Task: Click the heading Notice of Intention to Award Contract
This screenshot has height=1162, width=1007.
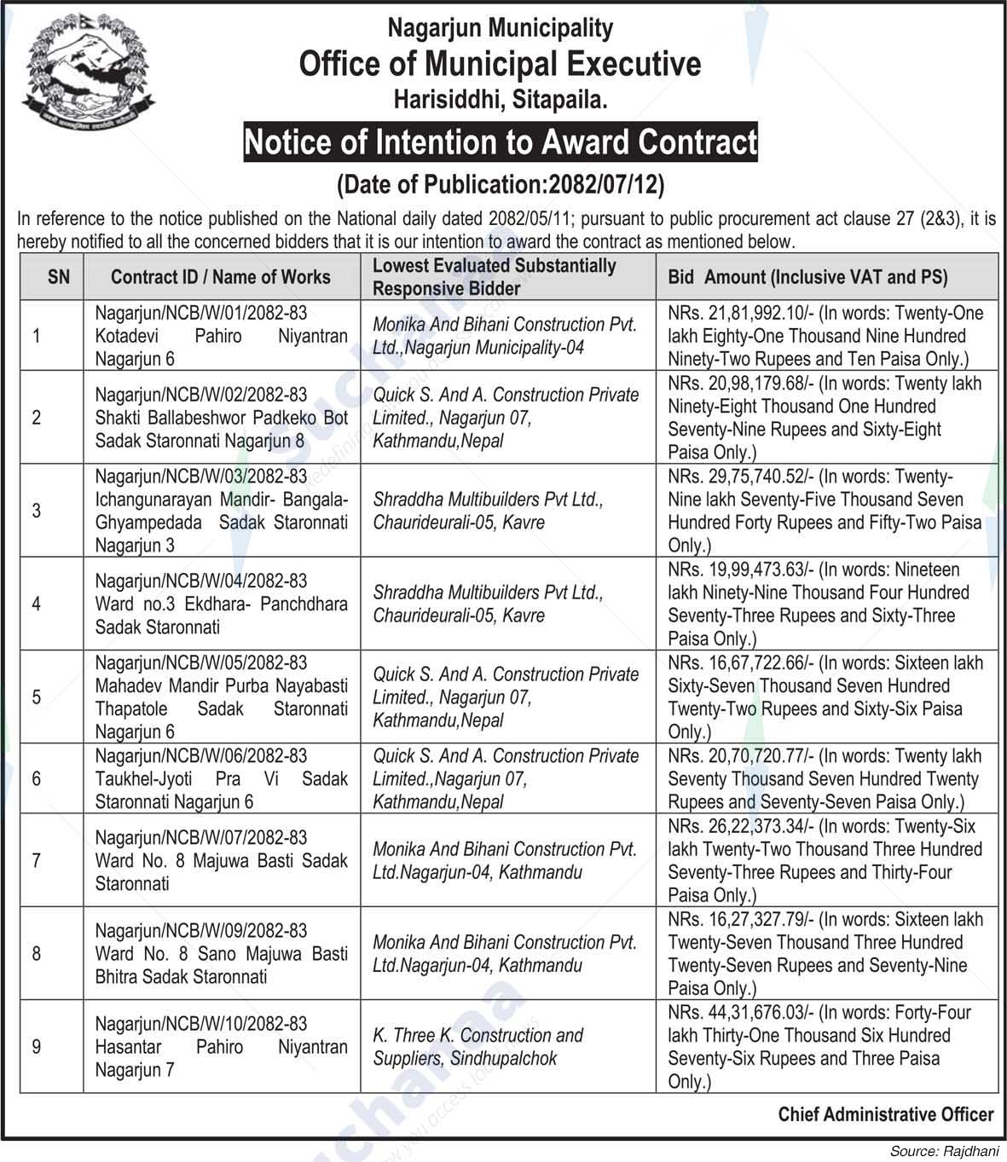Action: (x=501, y=142)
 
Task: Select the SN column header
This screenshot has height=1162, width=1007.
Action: (x=59, y=276)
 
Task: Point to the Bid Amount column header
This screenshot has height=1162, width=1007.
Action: (x=807, y=276)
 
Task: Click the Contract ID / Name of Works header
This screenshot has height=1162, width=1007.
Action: (x=220, y=276)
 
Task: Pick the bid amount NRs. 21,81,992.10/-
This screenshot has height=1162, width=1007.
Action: (x=740, y=314)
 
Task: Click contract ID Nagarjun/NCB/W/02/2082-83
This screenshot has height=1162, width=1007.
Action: (x=200, y=395)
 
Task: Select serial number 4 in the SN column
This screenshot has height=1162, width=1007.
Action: (x=36, y=604)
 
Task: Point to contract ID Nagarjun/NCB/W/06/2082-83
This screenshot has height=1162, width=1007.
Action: (x=200, y=756)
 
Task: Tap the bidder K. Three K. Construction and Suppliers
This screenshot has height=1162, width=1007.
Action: (x=477, y=1047)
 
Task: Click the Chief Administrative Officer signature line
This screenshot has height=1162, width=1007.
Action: (x=885, y=1114)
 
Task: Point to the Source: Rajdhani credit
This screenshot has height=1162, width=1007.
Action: (x=944, y=1151)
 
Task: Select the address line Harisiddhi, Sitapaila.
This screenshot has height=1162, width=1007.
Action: (x=501, y=101)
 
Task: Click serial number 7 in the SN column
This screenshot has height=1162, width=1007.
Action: (x=36, y=860)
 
